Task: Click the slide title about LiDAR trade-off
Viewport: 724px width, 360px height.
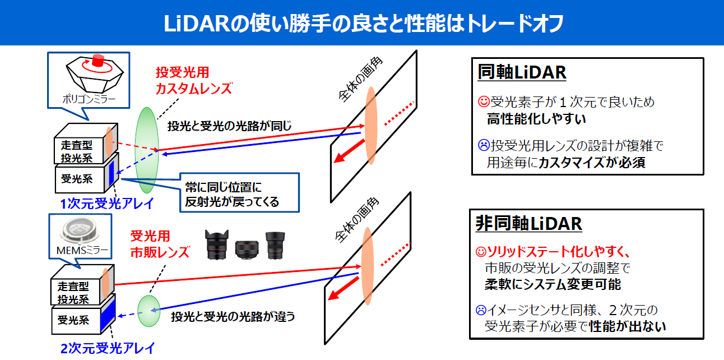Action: pos(363,23)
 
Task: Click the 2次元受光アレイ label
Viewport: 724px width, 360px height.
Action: pos(107,347)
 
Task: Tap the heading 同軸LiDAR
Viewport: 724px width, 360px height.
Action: pos(522,72)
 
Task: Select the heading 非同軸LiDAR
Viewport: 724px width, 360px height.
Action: pos(529,223)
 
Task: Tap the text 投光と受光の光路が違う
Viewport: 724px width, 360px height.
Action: pos(233,316)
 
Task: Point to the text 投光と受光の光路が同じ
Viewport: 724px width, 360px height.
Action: pos(230,126)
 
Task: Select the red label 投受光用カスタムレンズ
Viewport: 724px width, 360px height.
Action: pos(193,81)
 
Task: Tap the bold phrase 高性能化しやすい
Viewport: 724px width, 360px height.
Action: pos(536,118)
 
